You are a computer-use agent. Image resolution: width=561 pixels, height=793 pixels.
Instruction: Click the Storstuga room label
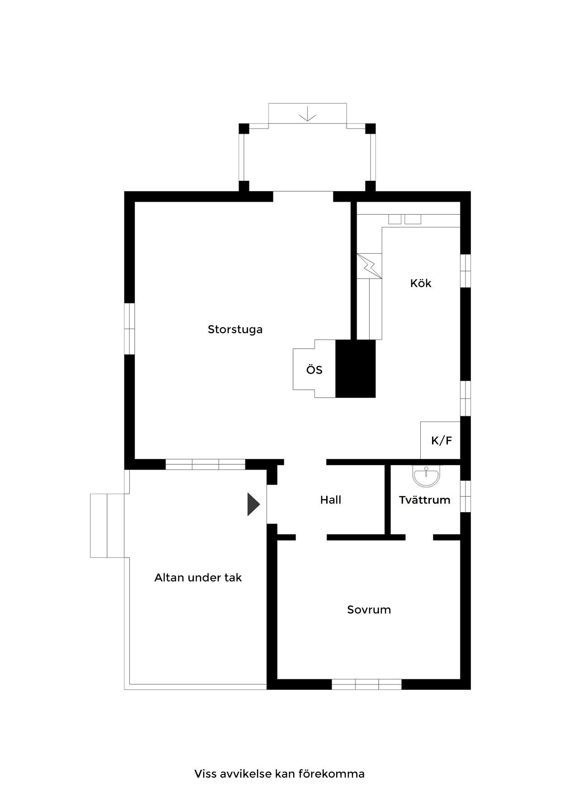point(235,329)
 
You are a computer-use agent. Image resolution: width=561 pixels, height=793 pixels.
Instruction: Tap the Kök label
point(420,283)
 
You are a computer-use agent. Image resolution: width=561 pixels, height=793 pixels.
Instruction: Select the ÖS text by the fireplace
point(314,370)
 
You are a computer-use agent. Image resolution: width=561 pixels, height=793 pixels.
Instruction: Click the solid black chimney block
point(356,368)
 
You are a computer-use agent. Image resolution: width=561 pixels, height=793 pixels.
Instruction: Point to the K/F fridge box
point(441,440)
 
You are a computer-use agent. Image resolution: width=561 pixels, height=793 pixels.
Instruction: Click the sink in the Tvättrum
point(425,476)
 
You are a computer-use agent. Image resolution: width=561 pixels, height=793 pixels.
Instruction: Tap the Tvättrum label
point(424,500)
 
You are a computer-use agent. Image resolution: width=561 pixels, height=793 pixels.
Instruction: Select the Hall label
point(331,500)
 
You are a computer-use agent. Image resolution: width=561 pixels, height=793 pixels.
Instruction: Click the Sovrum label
point(369,610)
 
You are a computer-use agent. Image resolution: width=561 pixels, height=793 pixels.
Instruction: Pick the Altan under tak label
point(198,578)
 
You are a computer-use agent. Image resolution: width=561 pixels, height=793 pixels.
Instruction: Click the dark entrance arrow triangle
point(252,504)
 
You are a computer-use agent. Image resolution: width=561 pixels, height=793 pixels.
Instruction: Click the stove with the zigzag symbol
point(370,266)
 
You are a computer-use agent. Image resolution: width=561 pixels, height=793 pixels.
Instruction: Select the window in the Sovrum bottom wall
point(367,684)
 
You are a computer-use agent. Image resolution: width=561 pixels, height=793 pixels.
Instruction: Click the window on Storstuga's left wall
point(130,328)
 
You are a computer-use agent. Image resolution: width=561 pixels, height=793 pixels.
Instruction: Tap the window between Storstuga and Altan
point(205,464)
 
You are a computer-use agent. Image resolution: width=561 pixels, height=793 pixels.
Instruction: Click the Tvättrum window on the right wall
point(466,496)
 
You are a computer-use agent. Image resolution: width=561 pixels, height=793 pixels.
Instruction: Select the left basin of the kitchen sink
point(395,219)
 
